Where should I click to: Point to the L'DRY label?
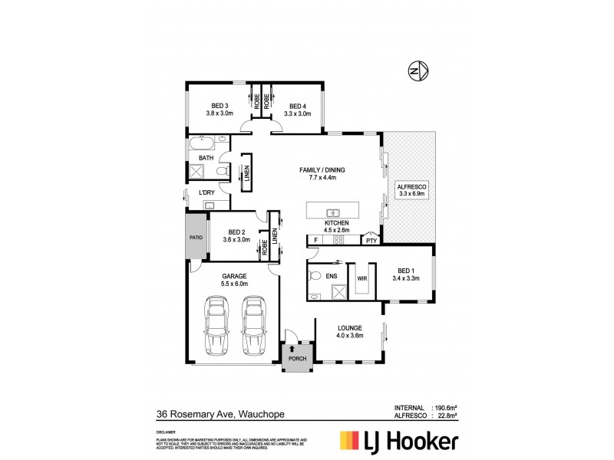pyautogui.click(x=206, y=191)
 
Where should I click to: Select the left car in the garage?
pyautogui.click(x=217, y=325)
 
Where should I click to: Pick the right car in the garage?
pyautogui.click(x=254, y=325)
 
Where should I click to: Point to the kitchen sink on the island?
pyautogui.click(x=334, y=212)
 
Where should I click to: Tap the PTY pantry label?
pyautogui.click(x=371, y=240)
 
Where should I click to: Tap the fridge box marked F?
pyautogui.click(x=314, y=240)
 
